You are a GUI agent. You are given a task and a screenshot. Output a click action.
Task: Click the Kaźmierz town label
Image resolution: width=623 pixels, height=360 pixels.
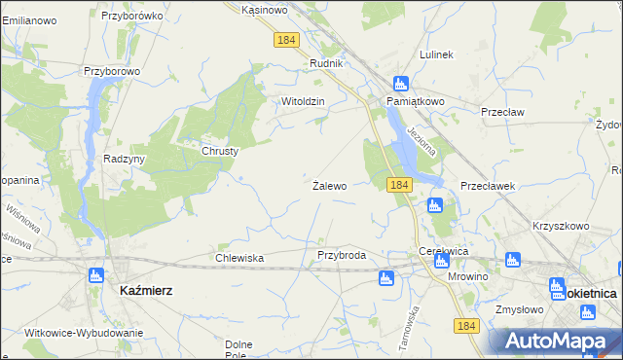pos(145,290)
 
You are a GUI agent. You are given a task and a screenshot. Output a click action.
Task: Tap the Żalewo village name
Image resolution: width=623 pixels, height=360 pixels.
pos(329,185)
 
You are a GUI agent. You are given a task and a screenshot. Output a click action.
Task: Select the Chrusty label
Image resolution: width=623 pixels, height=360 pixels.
pos(220,151)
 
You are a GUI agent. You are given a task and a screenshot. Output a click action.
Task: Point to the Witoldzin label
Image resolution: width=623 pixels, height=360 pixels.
pos(302,101)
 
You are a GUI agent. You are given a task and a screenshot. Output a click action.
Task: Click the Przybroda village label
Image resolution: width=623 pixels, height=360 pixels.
pos(342,255)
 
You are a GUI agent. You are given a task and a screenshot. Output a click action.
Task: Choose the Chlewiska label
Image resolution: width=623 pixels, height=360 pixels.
pos(239,258)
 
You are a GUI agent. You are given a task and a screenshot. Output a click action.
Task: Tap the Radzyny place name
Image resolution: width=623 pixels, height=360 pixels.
pos(124,159)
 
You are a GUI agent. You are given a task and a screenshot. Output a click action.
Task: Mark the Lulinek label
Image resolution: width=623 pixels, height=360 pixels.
pos(436,54)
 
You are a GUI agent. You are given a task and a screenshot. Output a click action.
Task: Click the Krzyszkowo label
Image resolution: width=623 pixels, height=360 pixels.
pos(561,226)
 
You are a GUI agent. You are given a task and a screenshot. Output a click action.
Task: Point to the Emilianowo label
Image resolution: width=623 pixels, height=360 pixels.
pos(28,20)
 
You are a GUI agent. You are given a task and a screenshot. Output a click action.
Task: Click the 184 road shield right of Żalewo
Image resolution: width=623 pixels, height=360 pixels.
pos(397,184)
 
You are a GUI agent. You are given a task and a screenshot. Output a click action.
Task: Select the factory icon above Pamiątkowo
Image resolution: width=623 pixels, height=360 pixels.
pos(399,84)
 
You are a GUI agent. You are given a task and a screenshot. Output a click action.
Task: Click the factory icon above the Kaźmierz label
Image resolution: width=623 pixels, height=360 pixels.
pos(95,275)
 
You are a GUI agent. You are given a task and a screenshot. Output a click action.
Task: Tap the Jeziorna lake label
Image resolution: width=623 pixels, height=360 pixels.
pos(424,141)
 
